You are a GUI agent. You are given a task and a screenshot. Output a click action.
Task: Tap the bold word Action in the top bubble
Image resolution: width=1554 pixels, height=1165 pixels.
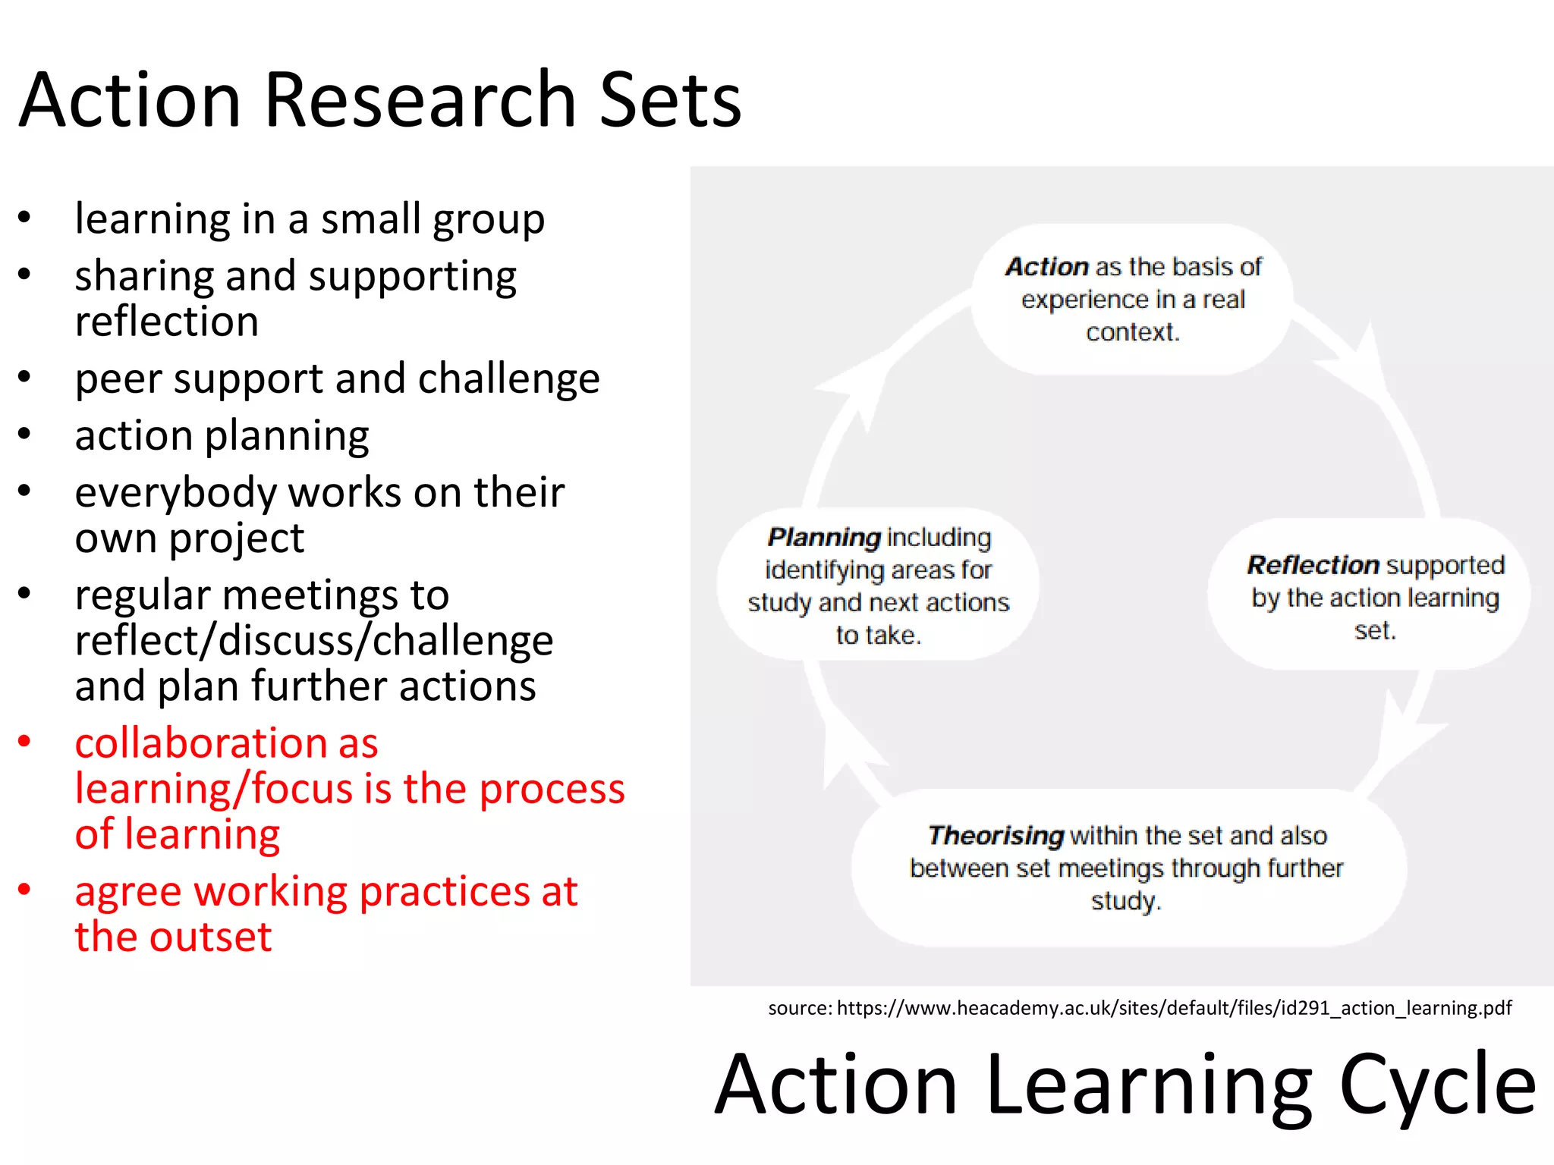click(1047, 267)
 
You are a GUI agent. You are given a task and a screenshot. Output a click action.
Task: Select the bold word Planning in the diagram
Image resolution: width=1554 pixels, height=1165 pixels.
click(824, 537)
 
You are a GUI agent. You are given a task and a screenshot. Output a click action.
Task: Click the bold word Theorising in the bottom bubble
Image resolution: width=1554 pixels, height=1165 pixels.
click(996, 835)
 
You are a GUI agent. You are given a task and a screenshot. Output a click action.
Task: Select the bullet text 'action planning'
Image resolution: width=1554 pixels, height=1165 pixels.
click(222, 436)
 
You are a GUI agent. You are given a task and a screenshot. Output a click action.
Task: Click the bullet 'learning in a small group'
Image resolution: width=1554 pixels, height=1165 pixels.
click(310, 219)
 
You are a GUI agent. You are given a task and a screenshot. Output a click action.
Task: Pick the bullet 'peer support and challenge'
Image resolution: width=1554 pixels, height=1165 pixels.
click(337, 378)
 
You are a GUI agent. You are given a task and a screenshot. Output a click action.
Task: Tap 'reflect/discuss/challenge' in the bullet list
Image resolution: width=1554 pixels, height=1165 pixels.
click(314, 641)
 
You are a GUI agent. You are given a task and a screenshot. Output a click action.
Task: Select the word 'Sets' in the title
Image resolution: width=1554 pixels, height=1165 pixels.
click(670, 100)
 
